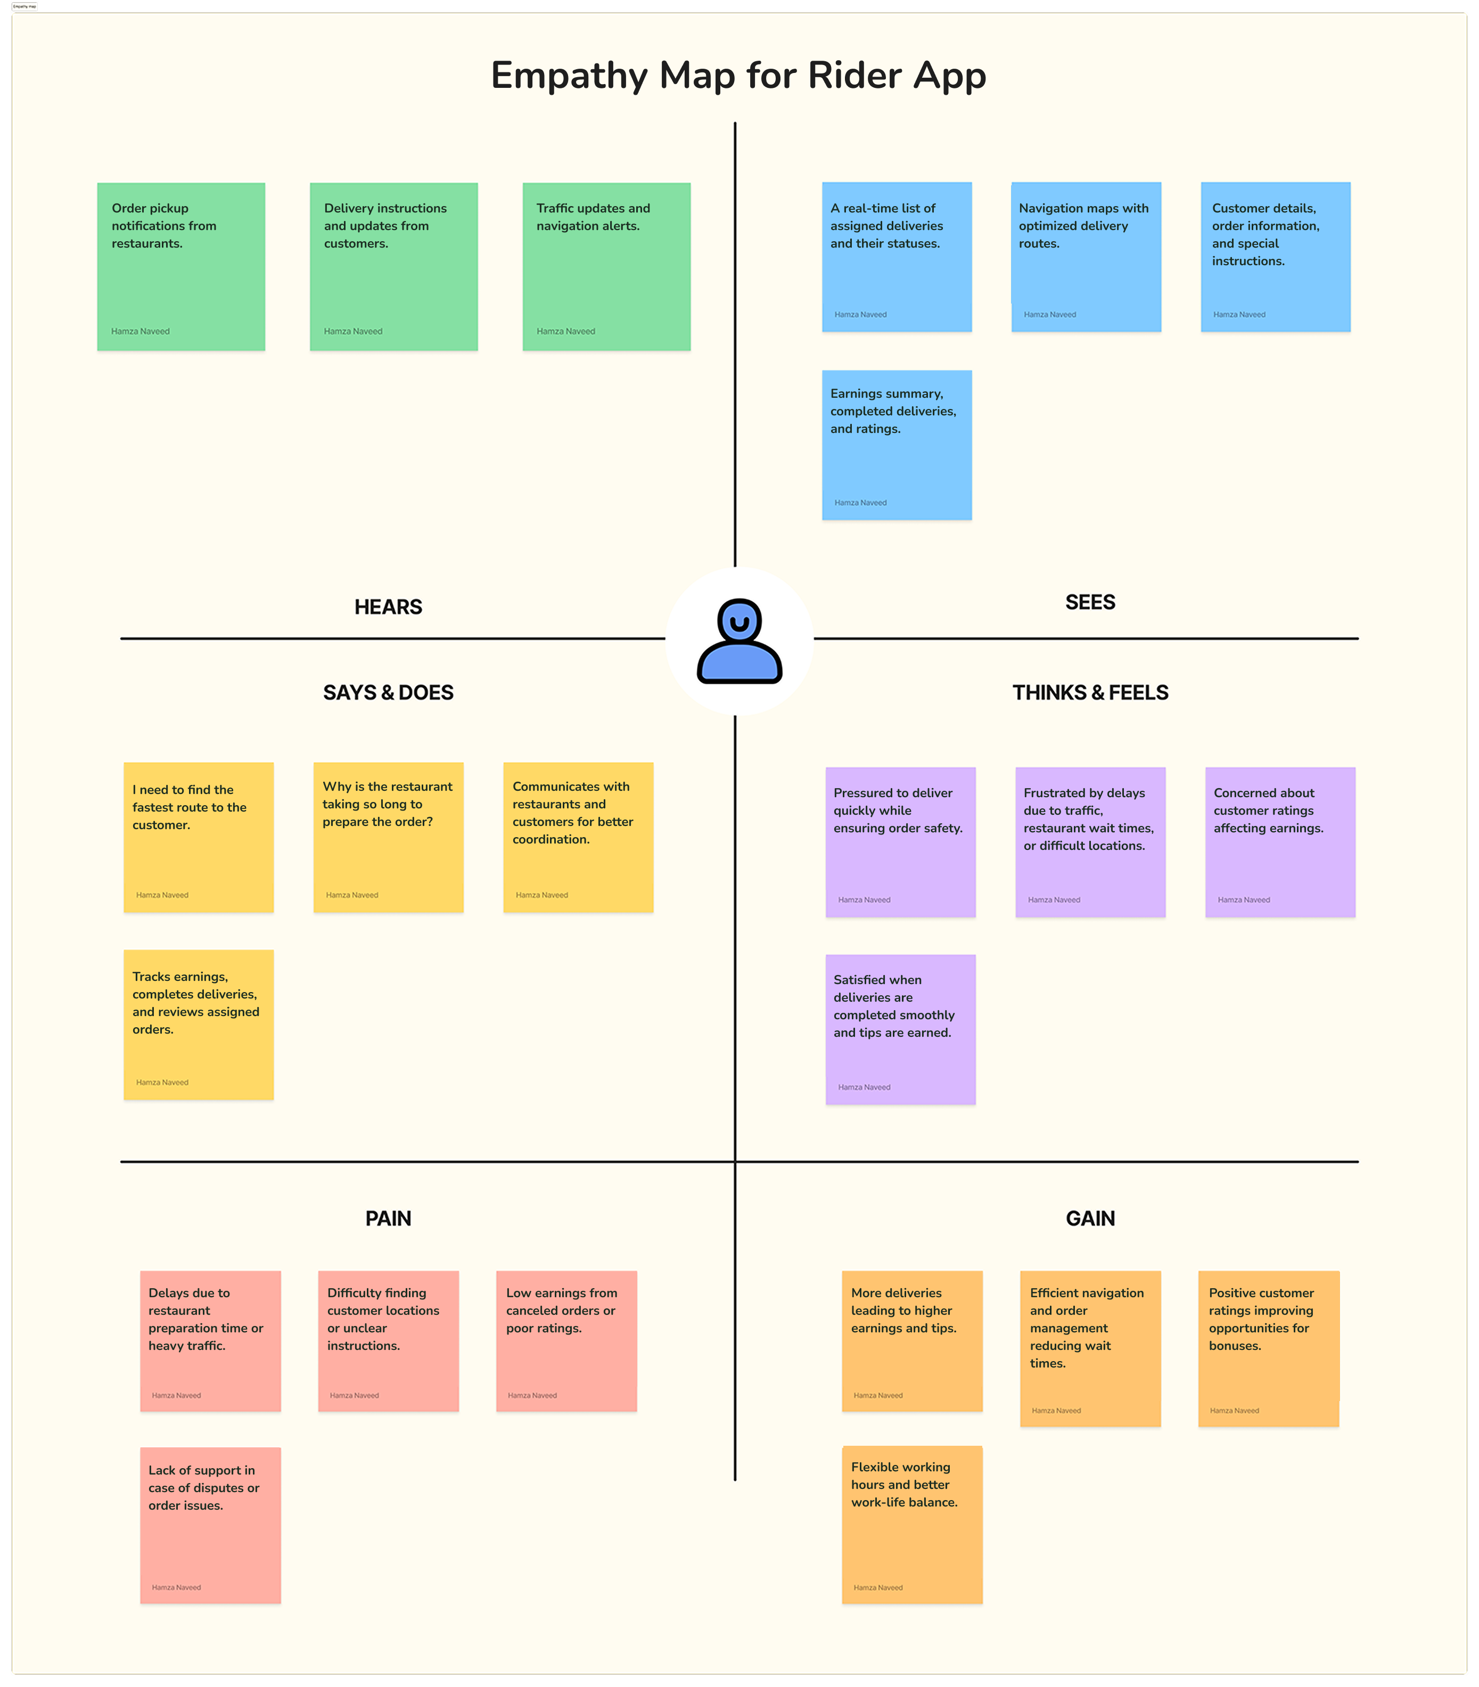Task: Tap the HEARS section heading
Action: coord(388,607)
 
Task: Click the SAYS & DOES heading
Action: coord(388,692)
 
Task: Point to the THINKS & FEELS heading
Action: coord(1090,692)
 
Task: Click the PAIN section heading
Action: coord(388,1218)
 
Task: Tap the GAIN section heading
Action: coord(1090,1218)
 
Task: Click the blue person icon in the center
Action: coord(739,641)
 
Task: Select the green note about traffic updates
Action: coord(606,267)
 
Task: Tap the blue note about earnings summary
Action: coord(897,445)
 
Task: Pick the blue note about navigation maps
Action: coord(1086,257)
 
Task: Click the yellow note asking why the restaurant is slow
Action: coord(389,837)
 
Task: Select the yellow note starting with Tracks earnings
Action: coord(199,1024)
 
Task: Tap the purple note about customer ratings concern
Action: coord(1280,842)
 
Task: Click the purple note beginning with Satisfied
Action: coord(900,1029)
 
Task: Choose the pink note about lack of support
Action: coord(210,1525)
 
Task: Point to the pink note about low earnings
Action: coord(566,1340)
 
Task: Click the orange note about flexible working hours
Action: coord(912,1525)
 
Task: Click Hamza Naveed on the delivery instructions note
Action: coord(353,331)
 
